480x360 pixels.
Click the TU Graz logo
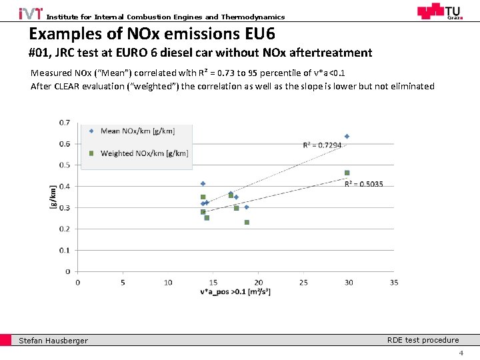click(439, 12)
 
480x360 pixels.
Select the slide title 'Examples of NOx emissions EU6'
click(152, 34)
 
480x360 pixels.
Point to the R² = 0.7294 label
click(322, 145)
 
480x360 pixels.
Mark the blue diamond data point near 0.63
click(347, 137)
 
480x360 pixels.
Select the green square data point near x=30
click(347, 173)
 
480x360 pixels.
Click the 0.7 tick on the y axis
click(65, 123)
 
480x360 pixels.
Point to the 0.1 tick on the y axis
click(65, 251)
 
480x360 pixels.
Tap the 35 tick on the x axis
click(393, 282)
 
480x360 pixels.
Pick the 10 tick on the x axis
click(168, 282)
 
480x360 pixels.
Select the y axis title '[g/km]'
click(53, 197)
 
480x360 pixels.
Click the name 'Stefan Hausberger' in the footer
click(53, 341)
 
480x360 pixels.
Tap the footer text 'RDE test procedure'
click(423, 340)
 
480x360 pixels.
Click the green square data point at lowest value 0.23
click(247, 222)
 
